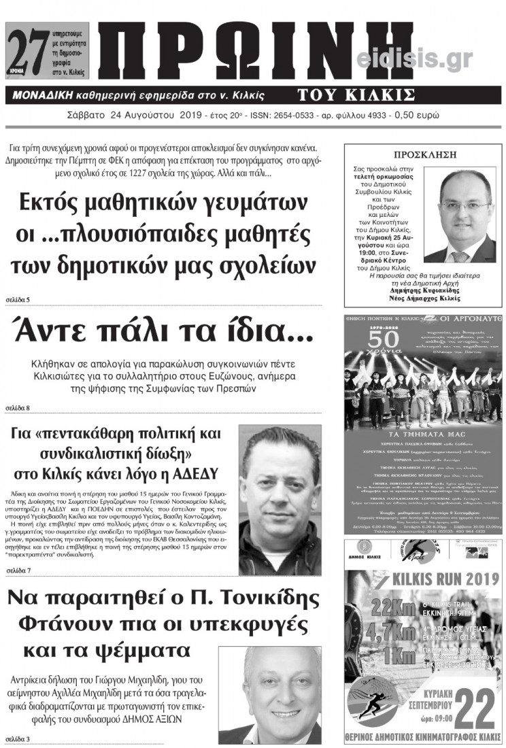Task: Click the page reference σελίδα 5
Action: click(x=18, y=299)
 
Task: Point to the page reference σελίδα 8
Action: click(x=18, y=408)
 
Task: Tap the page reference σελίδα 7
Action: click(x=18, y=569)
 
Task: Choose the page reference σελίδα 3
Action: click(x=18, y=738)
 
